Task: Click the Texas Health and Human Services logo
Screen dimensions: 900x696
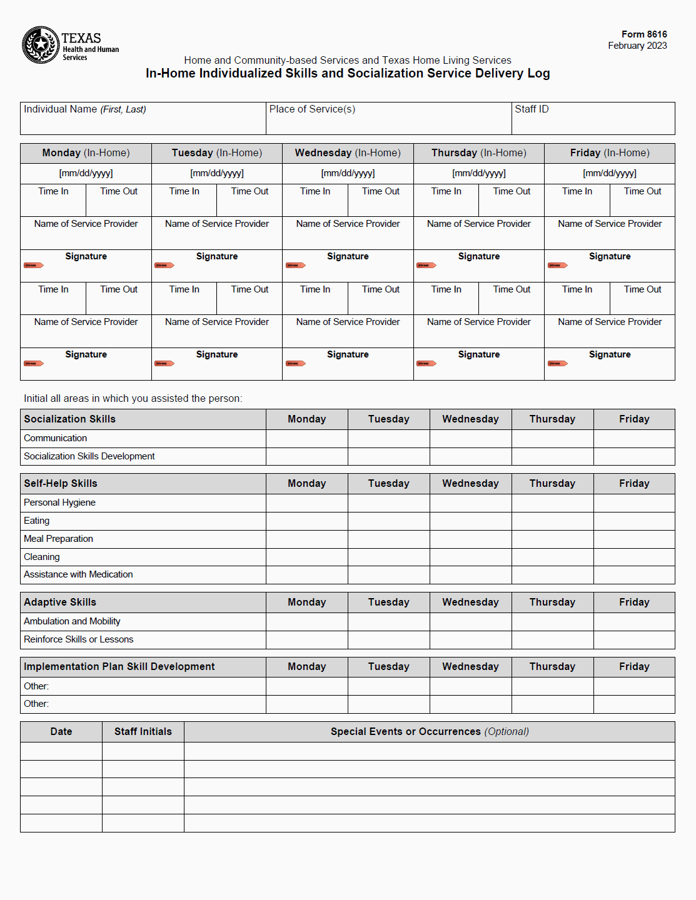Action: [x=70, y=45]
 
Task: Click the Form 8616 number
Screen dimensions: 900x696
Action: [x=644, y=34]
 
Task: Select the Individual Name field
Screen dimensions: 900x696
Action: [x=143, y=121]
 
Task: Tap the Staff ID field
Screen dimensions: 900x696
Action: [x=593, y=121]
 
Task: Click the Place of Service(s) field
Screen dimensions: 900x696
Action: [x=388, y=121]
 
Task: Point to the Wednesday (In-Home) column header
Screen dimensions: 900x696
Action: [x=348, y=153]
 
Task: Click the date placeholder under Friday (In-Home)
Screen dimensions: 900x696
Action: [x=610, y=173]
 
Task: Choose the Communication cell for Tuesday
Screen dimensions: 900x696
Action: [x=388, y=439]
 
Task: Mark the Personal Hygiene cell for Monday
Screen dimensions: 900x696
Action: [x=306, y=503]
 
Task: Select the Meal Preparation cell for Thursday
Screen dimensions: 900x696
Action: [x=552, y=539]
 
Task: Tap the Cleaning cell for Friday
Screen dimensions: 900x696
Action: [x=634, y=557]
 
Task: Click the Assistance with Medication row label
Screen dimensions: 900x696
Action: [x=78, y=574]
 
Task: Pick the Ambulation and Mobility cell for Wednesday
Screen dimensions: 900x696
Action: [x=470, y=622]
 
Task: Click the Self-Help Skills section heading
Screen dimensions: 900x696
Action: [x=61, y=484]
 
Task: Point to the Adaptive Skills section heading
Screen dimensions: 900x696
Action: [x=60, y=602]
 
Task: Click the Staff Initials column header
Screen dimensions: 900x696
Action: [x=143, y=732]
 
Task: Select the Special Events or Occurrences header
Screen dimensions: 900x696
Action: [x=430, y=732]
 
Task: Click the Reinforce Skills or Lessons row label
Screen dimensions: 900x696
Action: [x=78, y=639]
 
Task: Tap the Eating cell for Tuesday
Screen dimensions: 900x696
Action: [x=388, y=521]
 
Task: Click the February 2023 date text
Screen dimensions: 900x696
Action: [x=637, y=46]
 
